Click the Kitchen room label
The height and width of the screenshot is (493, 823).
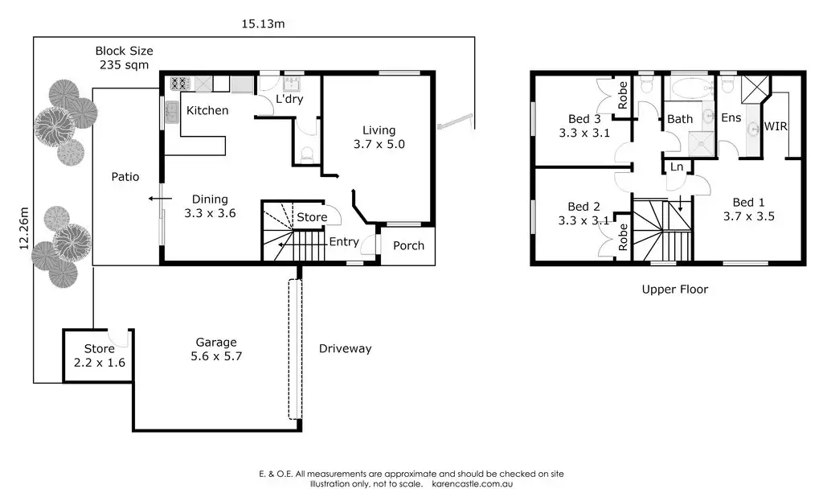tap(207, 110)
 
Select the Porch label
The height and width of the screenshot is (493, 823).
tap(408, 245)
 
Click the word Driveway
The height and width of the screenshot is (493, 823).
tap(345, 348)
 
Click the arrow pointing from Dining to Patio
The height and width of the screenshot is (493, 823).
tap(158, 199)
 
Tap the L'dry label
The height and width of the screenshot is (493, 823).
tap(288, 99)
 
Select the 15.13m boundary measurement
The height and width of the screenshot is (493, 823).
tap(264, 24)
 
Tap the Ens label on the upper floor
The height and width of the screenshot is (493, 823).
tap(731, 118)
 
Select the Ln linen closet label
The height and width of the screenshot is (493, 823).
tap(677, 166)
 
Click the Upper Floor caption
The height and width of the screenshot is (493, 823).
tap(675, 289)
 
